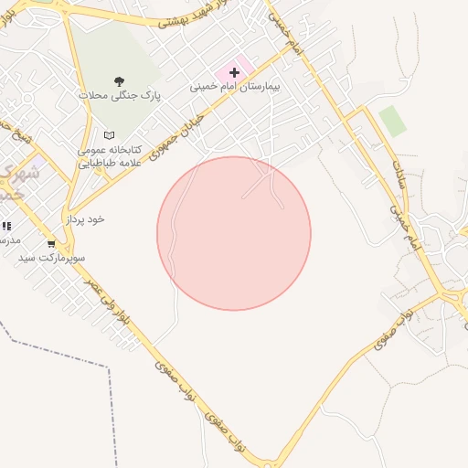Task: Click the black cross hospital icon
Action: (x=234, y=70)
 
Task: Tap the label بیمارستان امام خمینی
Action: (x=233, y=87)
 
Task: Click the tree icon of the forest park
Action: (x=119, y=80)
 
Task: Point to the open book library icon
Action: (x=110, y=134)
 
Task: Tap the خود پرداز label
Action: (x=84, y=220)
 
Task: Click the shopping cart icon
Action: (x=51, y=243)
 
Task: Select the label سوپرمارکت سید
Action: (x=52, y=259)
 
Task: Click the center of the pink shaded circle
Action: (x=234, y=233)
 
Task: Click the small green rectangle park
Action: (x=392, y=121)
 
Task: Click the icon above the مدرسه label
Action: (x=5, y=226)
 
